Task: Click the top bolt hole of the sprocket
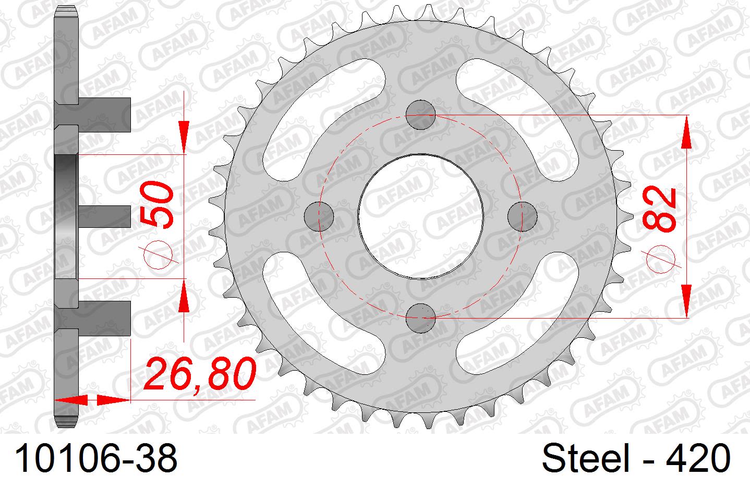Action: (420, 114)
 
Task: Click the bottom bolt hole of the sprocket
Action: (420, 318)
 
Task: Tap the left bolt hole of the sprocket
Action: (319, 215)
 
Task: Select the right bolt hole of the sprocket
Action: (522, 215)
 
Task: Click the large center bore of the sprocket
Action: (420, 215)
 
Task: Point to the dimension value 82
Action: (660, 209)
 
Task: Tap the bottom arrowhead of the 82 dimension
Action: (686, 300)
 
